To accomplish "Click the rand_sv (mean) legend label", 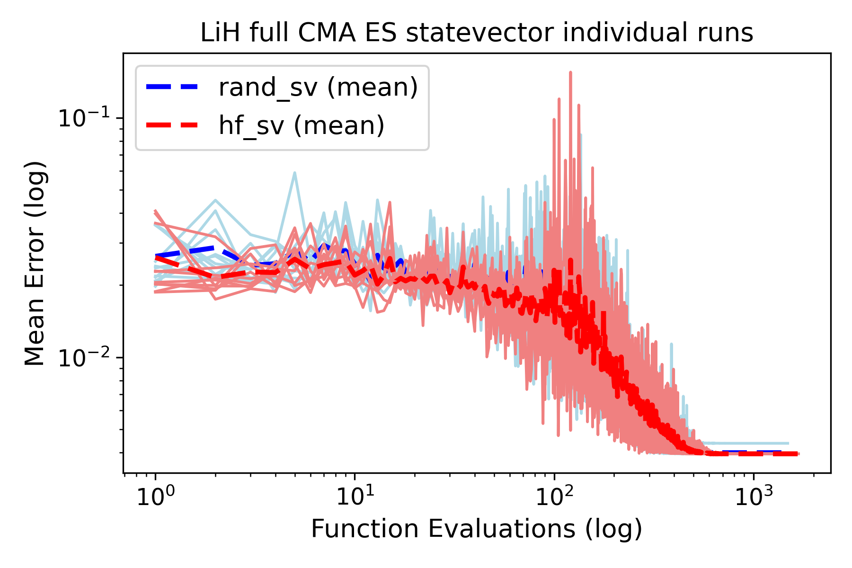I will tap(318, 87).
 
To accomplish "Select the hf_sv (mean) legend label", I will tap(302, 125).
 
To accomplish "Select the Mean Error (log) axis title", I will tap(35, 263).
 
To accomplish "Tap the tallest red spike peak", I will tap(570, 72).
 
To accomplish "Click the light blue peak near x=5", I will tap(294, 173).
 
